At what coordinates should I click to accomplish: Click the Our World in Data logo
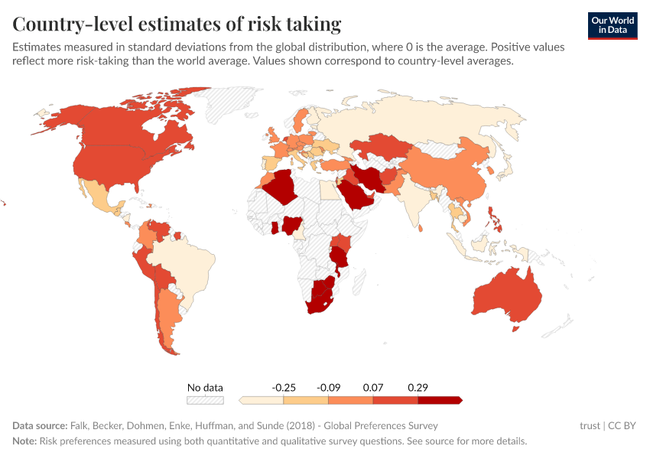612,25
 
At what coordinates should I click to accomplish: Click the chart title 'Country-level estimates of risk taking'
177,24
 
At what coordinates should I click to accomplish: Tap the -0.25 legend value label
284,388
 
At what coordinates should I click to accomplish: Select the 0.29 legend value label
418,388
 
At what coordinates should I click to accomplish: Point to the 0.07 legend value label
372,388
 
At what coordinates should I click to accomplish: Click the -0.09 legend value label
328,388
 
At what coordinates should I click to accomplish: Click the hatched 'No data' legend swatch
205,400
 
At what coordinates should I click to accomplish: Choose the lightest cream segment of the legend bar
262,400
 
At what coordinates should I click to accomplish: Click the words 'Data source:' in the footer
39,425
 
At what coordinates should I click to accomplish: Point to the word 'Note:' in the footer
26,441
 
